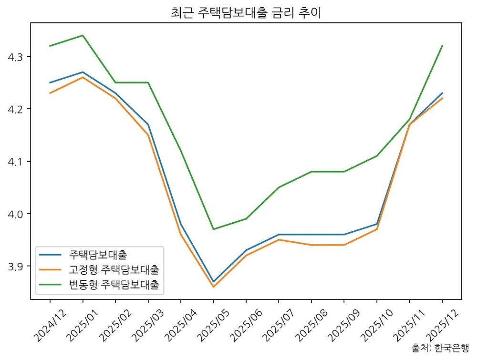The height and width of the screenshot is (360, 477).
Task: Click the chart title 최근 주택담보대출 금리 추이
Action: pos(246,13)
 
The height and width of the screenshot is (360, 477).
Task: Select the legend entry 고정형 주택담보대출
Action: pos(114,270)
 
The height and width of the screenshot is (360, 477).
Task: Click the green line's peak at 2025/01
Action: pos(83,35)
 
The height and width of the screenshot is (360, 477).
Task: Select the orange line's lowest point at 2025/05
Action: pos(213,287)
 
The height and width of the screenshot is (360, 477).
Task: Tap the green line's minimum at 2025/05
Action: pos(213,229)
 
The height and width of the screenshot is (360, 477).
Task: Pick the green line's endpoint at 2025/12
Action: pos(442,46)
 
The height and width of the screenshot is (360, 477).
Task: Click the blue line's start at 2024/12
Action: pos(50,82)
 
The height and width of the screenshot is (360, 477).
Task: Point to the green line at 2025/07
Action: pos(279,187)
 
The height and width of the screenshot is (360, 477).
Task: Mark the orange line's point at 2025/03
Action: pos(148,135)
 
